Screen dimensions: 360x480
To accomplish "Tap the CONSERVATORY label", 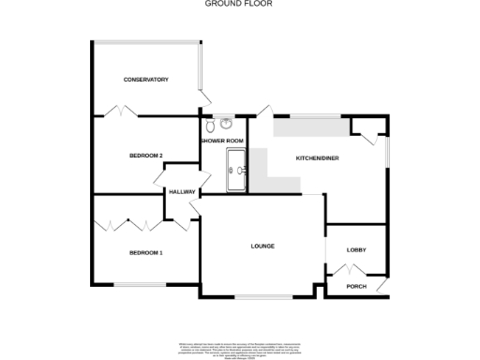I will (x=145, y=80).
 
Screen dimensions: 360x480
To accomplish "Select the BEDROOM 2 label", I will (x=146, y=155).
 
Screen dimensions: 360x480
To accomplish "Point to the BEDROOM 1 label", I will (x=145, y=252).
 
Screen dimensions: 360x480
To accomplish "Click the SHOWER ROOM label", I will (x=221, y=141).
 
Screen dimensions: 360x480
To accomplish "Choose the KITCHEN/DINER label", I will (x=317, y=158).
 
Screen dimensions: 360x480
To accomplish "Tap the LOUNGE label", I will (x=262, y=247).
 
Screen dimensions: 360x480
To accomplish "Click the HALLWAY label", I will (x=181, y=192).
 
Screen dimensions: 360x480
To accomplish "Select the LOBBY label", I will (x=356, y=249).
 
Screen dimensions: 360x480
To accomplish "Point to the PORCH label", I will (x=356, y=286).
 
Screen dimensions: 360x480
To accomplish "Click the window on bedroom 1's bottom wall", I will (x=140, y=284).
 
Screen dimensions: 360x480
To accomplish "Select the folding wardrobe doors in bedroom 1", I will (x=129, y=225).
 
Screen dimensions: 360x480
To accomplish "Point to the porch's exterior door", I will (x=382, y=285).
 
